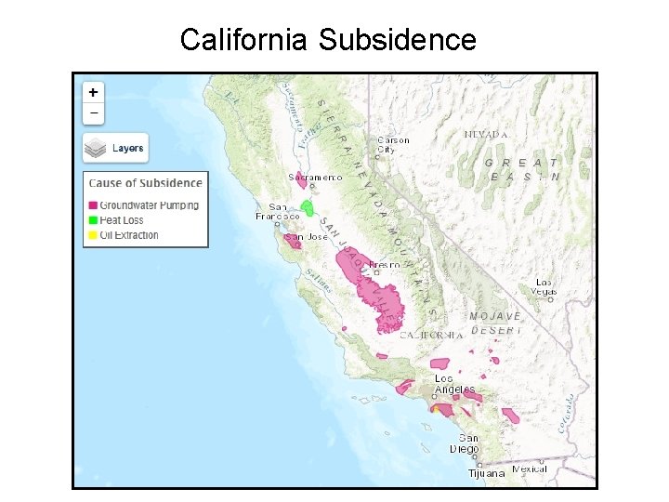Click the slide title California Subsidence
(x=328, y=40)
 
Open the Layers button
(x=115, y=148)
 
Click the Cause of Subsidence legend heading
(x=145, y=183)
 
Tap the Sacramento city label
(x=315, y=177)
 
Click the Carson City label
(x=392, y=145)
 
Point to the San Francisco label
(x=278, y=211)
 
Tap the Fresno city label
(x=384, y=265)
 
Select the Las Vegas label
(x=544, y=286)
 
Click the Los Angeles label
(x=455, y=384)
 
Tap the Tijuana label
(x=487, y=473)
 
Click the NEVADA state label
(x=486, y=135)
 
